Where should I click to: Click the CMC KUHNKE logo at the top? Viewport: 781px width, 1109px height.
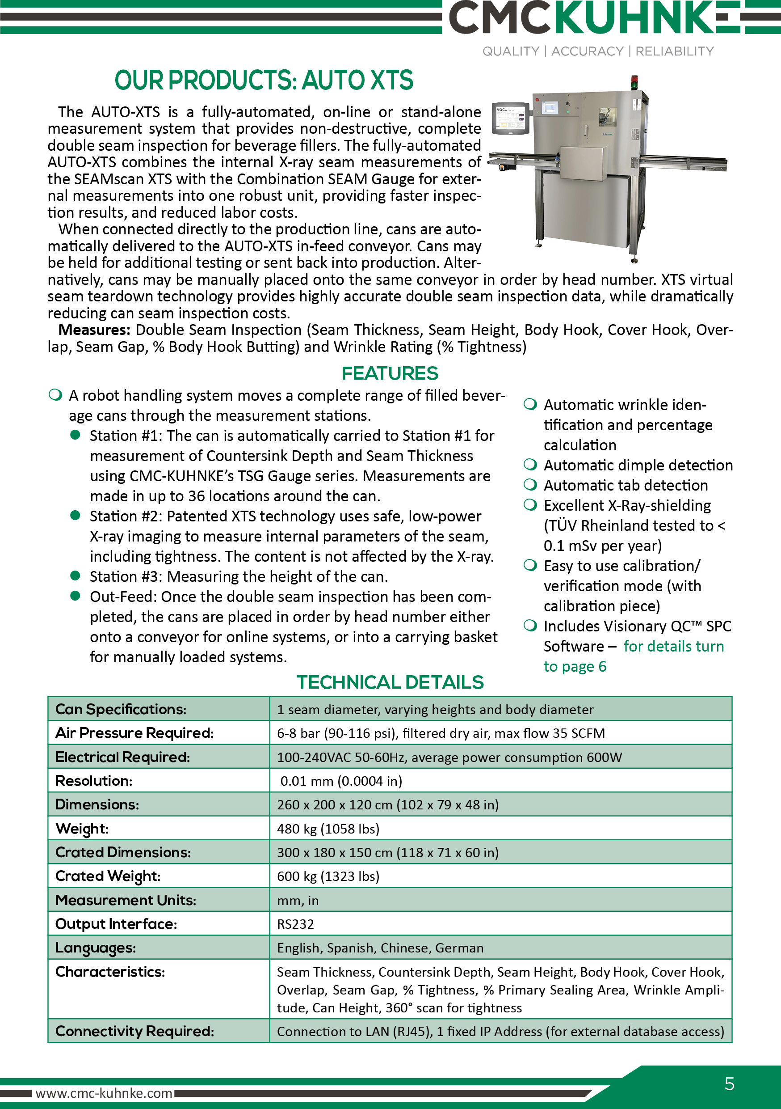coord(594,17)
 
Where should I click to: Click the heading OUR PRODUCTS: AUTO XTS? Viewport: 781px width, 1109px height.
coord(264,80)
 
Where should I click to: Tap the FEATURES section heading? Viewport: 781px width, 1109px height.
coord(390,373)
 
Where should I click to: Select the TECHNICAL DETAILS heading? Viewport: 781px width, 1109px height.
coord(390,682)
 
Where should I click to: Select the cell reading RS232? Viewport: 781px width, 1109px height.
coord(295,924)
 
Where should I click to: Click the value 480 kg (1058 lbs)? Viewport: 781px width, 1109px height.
coord(328,829)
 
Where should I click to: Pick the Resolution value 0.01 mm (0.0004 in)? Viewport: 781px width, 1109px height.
coord(341,781)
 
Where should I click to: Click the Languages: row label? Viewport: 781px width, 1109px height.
coord(96,948)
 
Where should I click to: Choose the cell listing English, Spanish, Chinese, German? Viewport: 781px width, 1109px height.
coord(380,948)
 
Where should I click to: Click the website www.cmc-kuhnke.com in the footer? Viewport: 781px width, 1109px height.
coord(104,1093)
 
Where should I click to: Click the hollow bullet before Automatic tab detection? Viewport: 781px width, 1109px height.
coord(530,484)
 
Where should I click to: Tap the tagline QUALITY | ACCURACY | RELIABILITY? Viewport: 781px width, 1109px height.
coord(597,51)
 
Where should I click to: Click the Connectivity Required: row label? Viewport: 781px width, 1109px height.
coord(134,1031)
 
